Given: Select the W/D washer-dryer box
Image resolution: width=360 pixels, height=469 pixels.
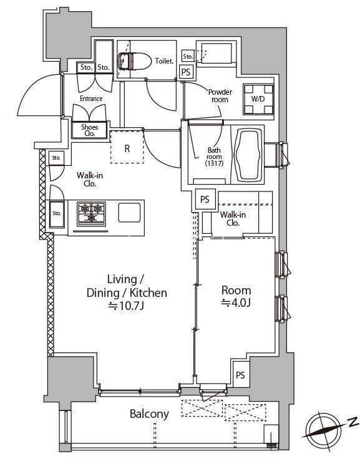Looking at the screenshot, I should coord(258,100).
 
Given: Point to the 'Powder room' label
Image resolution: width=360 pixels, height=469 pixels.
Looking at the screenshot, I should coord(220,95).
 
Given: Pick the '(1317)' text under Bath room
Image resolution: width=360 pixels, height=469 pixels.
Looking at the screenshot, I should coord(214,163).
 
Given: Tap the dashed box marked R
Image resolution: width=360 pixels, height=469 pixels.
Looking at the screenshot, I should coord(127,148).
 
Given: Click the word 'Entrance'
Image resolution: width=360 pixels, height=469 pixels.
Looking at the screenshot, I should coord(91,99).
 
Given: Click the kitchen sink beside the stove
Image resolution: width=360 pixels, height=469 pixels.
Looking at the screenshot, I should coord(129,213).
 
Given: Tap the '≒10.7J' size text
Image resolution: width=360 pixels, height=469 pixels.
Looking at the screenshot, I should coord(127,306).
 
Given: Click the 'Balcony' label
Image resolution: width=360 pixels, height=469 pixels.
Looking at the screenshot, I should coord(149,413).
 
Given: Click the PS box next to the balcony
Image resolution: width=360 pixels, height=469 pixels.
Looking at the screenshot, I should coord(240,374).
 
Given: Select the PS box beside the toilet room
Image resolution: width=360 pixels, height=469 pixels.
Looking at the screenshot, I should coord(185,72).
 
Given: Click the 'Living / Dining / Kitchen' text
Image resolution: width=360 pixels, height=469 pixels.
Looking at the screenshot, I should coord(127,286).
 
